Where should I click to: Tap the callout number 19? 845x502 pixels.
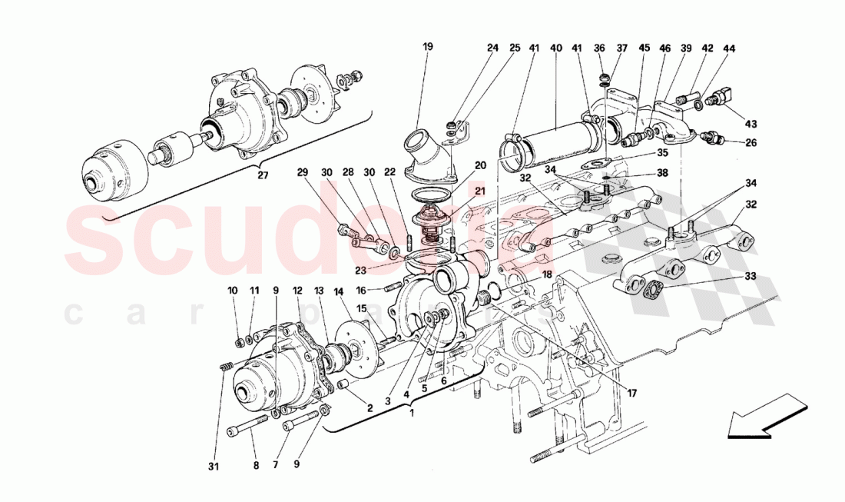[x=428, y=47]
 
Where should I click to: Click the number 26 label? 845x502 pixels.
[x=750, y=141]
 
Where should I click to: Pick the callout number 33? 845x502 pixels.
[x=750, y=277]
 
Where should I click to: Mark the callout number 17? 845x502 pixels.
[x=631, y=394]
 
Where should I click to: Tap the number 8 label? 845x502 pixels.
[x=257, y=466]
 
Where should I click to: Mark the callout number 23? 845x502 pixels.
[x=360, y=270]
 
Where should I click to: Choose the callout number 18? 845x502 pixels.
[x=546, y=274]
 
